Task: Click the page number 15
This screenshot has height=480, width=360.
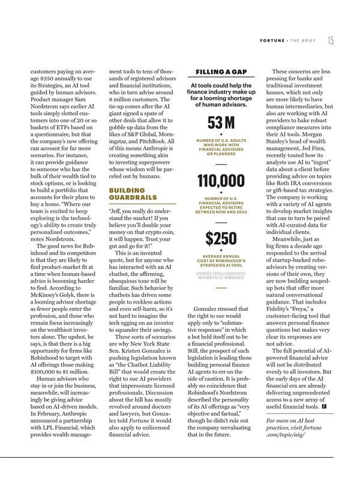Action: coord(331,40)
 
